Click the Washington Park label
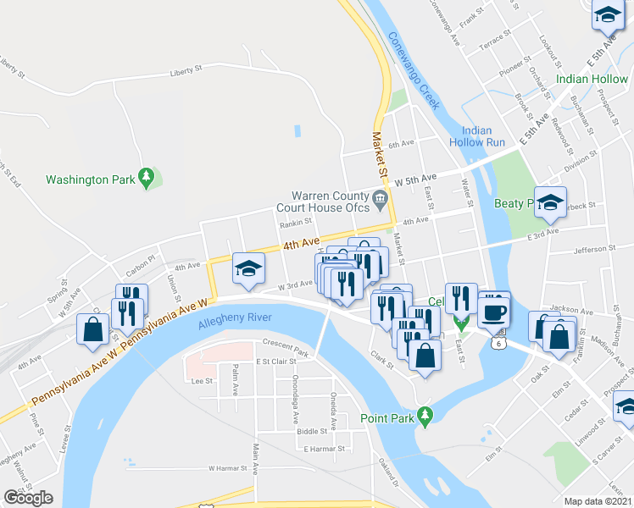(x=89, y=179)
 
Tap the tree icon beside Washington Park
(x=147, y=176)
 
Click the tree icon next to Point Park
(x=429, y=415)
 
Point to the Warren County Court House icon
(x=380, y=200)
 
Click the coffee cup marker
(x=493, y=310)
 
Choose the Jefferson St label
(x=604, y=249)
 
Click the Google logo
(x=28, y=498)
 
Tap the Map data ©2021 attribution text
(x=598, y=501)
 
